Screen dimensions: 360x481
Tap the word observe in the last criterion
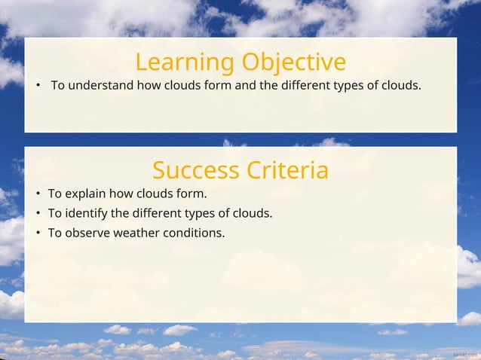pyautogui.click(x=87, y=233)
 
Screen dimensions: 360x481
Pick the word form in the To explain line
pyautogui.click(x=191, y=194)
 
